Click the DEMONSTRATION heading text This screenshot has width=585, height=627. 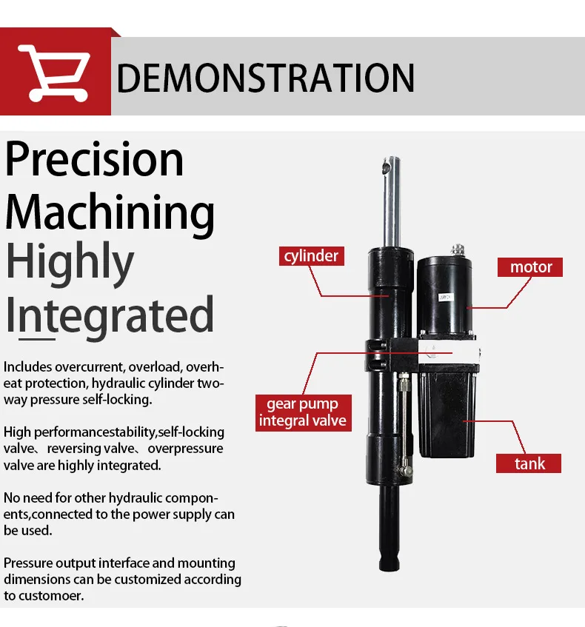[x=265, y=78]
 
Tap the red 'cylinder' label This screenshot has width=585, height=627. [x=311, y=256]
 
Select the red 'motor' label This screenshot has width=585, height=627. [x=531, y=266]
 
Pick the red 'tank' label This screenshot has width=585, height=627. [x=529, y=463]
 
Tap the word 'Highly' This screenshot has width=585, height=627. [x=70, y=264]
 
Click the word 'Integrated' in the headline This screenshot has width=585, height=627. [x=110, y=315]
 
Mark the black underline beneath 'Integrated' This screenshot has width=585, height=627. [x=37, y=339]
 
